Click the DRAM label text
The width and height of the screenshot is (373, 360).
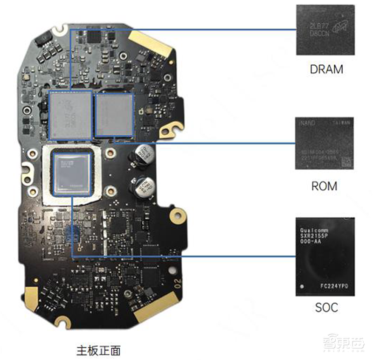326,69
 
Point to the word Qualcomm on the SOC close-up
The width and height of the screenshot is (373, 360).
313,231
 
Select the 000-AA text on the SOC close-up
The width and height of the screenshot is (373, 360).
310,244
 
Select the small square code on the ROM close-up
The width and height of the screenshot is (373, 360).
345,161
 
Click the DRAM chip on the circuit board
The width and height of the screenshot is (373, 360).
70,115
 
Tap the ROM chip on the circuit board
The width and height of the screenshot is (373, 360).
114,115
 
